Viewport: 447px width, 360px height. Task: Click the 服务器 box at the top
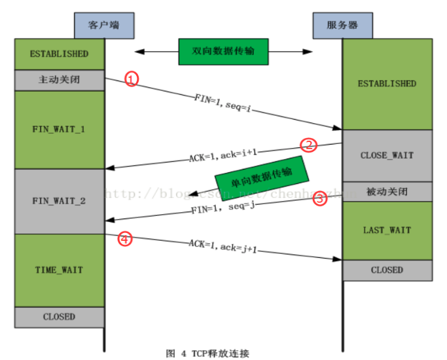coord(341,25)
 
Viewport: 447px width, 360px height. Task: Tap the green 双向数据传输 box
coord(223,51)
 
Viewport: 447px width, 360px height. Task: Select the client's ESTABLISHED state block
coord(60,54)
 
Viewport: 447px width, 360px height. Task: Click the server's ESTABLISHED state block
coord(387,84)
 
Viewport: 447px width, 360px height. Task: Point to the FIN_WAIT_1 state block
coord(60,129)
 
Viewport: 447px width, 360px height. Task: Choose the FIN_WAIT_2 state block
coord(60,201)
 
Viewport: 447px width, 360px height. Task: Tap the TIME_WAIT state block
coord(60,270)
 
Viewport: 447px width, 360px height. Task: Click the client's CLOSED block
coord(60,317)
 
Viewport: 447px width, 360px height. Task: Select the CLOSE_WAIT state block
coord(387,156)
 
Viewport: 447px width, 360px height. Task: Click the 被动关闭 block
coord(387,192)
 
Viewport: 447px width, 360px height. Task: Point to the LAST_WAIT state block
coord(387,230)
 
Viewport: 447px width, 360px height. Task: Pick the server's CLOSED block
coord(387,270)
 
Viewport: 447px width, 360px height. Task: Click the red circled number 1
coord(132,79)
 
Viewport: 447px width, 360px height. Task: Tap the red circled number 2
coord(308,145)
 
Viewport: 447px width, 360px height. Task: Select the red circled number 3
coord(319,199)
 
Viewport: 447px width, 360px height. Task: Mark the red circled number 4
coord(124,239)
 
